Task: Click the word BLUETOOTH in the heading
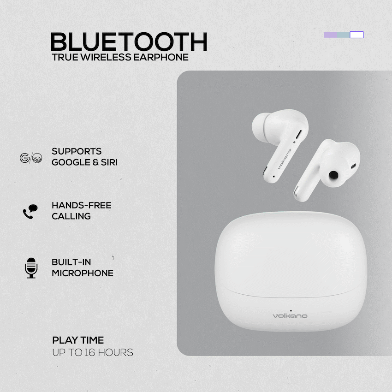click(x=129, y=42)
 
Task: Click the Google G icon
click(x=24, y=158)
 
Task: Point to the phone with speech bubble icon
click(x=29, y=212)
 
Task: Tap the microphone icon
click(x=31, y=268)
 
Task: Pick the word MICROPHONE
click(x=83, y=273)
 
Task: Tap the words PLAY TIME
click(x=78, y=341)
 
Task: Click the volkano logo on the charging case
click(x=290, y=315)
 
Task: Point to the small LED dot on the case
click(x=290, y=309)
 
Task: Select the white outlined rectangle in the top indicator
click(x=357, y=35)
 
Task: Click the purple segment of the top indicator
click(x=331, y=35)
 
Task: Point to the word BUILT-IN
click(x=71, y=262)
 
